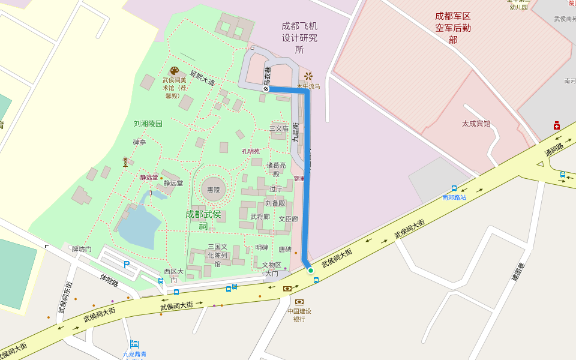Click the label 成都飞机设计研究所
[299, 38]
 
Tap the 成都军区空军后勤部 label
[453, 27]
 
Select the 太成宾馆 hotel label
[476, 124]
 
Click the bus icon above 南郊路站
[454, 188]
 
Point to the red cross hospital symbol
[557, 125]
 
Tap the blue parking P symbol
[127, 264]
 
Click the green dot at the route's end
[311, 271]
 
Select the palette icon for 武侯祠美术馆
[174, 71]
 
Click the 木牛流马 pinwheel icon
[308, 76]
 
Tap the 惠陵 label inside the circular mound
[214, 190]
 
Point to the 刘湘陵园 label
[148, 124]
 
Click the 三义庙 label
[279, 128]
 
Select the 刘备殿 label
[275, 203]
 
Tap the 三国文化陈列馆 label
[217, 255]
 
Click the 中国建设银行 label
[299, 314]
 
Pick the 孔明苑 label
[251, 151]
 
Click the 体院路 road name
[109, 280]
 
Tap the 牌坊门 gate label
[82, 249]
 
